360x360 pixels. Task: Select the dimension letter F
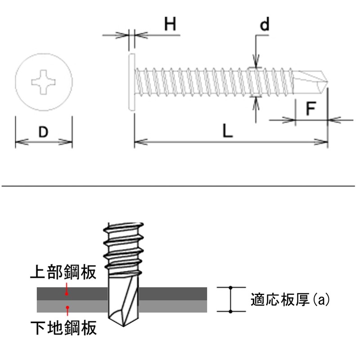[311, 109]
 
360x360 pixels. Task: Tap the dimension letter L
[228, 131]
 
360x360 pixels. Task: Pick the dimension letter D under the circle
[43, 132]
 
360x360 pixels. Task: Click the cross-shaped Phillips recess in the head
[44, 82]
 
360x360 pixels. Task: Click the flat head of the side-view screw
[131, 82]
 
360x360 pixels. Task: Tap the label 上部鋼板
[63, 272]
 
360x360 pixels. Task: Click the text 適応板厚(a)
[290, 299]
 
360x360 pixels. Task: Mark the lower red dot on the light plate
[67, 307]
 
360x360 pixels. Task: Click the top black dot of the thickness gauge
[230, 287]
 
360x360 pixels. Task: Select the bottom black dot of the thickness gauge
[230, 311]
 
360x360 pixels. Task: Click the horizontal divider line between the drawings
[180, 185]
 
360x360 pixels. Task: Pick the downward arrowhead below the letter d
[256, 63]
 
